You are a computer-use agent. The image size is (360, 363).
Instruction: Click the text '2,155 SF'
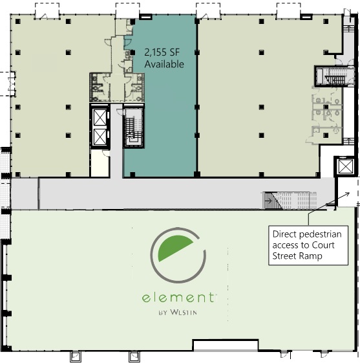(162, 52)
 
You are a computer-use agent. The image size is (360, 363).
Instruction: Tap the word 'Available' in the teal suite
(164, 64)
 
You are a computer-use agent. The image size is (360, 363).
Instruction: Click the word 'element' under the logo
(178, 298)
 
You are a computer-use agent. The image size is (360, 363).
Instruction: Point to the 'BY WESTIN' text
(178, 313)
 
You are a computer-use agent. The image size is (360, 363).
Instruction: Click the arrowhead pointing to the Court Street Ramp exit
(347, 193)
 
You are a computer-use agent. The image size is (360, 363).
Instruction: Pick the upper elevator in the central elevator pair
(100, 117)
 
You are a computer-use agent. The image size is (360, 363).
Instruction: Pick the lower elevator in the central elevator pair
(100, 137)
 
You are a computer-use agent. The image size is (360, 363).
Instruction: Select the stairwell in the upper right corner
(334, 76)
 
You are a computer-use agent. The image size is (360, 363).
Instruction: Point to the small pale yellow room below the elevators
(100, 163)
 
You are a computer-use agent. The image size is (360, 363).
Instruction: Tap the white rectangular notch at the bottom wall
(226, 346)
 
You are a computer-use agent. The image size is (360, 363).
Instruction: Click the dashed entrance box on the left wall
(7, 84)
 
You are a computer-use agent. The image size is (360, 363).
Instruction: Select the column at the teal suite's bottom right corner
(197, 174)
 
